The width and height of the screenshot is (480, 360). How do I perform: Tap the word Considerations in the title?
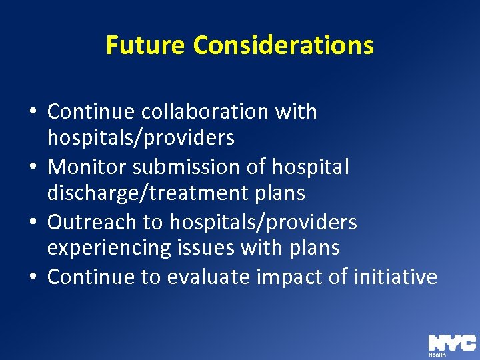click(x=283, y=45)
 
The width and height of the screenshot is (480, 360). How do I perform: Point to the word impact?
click(x=291, y=276)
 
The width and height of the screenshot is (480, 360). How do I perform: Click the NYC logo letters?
click(x=451, y=342)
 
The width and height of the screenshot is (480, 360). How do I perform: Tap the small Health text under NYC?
click(x=437, y=355)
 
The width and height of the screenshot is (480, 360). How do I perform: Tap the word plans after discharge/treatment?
click(x=275, y=193)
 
